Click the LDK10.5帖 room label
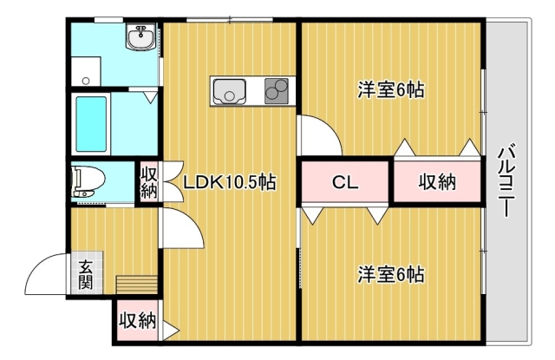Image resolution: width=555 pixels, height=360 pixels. tap(229, 182)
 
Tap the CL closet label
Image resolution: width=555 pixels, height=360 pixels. tap(345, 182)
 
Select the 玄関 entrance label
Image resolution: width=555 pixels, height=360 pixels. tap(86, 274)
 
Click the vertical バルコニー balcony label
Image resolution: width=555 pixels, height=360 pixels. tap(506, 180)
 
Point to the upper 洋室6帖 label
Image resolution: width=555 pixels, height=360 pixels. tap(391, 89)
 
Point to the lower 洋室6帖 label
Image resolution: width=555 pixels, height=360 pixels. tap(391, 274)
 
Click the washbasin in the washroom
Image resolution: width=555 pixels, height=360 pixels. tap(140, 37)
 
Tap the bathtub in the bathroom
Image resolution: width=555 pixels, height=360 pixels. tap(91, 124)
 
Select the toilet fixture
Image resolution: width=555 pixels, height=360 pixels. tap(88, 181)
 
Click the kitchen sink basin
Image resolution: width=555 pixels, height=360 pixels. tap(229, 91)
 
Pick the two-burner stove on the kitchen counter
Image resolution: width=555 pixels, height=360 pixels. tap(277, 90)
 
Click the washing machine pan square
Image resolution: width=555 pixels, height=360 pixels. tap(86, 71)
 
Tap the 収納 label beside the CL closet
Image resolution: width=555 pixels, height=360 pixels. tap(437, 182)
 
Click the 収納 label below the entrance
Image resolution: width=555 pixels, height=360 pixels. tap(137, 321)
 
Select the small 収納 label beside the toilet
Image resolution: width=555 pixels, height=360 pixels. tap(149, 182)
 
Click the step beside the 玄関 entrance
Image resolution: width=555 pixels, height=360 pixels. tap(137, 285)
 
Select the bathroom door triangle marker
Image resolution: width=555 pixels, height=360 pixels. tap(151, 97)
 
